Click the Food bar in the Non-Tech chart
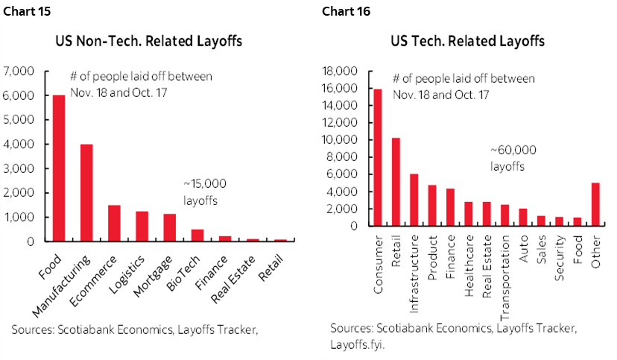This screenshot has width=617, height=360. [58, 168]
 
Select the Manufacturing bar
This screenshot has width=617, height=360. [86, 193]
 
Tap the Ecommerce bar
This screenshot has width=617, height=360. [114, 223]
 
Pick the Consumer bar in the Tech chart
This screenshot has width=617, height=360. [378, 157]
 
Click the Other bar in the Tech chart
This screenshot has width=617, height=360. [595, 203]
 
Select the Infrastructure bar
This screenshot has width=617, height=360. [414, 200]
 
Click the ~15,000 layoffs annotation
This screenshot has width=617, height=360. [205, 192]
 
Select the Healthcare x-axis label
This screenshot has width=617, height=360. [469, 274]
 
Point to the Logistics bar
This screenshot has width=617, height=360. [142, 227]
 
